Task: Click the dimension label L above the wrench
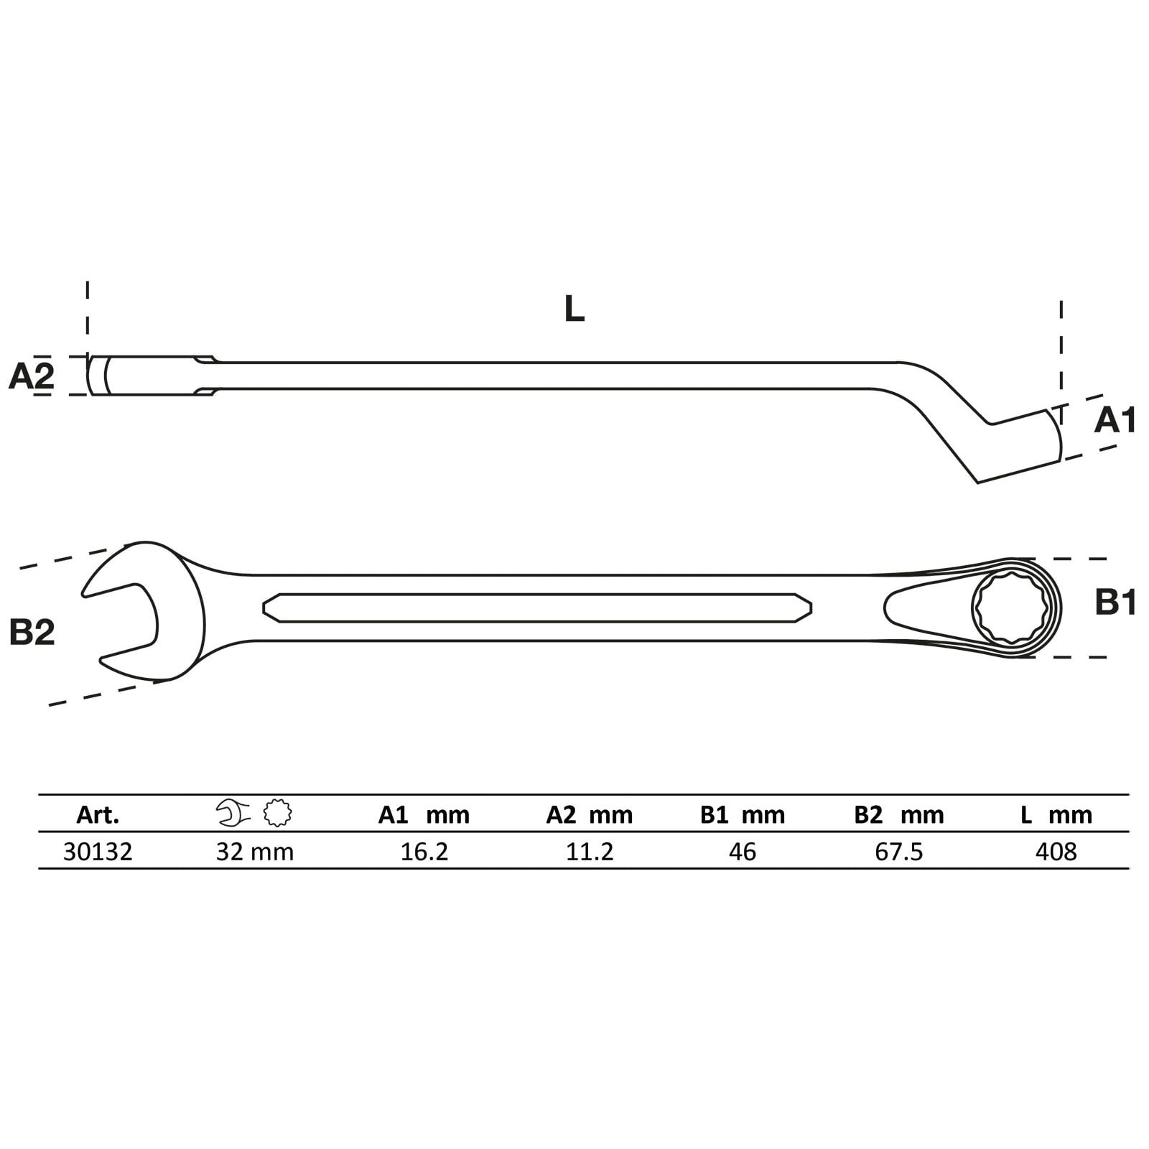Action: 574,309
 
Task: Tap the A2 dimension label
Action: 31,376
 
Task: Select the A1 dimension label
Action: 1115,420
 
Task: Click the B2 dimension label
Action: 32,632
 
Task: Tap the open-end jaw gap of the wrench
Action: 122,610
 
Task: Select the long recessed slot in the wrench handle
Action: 537,608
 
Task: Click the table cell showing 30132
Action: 98,852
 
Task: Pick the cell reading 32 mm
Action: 255,852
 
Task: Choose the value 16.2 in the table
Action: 424,852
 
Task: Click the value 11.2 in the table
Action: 590,852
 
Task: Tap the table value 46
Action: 742,852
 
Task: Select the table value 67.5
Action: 899,852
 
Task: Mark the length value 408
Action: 1056,852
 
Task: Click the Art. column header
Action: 98,815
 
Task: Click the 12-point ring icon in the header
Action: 278,814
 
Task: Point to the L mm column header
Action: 1056,815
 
